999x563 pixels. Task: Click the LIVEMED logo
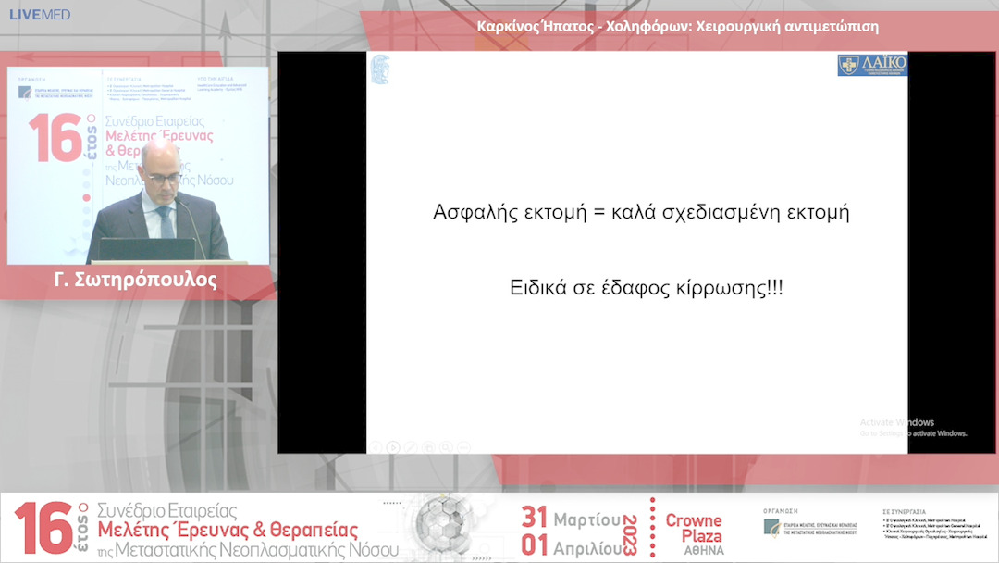(x=39, y=15)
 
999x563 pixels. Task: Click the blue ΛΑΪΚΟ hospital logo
(x=871, y=65)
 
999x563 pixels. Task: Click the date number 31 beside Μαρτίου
(x=534, y=517)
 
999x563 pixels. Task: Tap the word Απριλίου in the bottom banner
(x=586, y=547)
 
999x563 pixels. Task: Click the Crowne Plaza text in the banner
(x=693, y=528)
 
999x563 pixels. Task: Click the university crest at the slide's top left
(x=380, y=69)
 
